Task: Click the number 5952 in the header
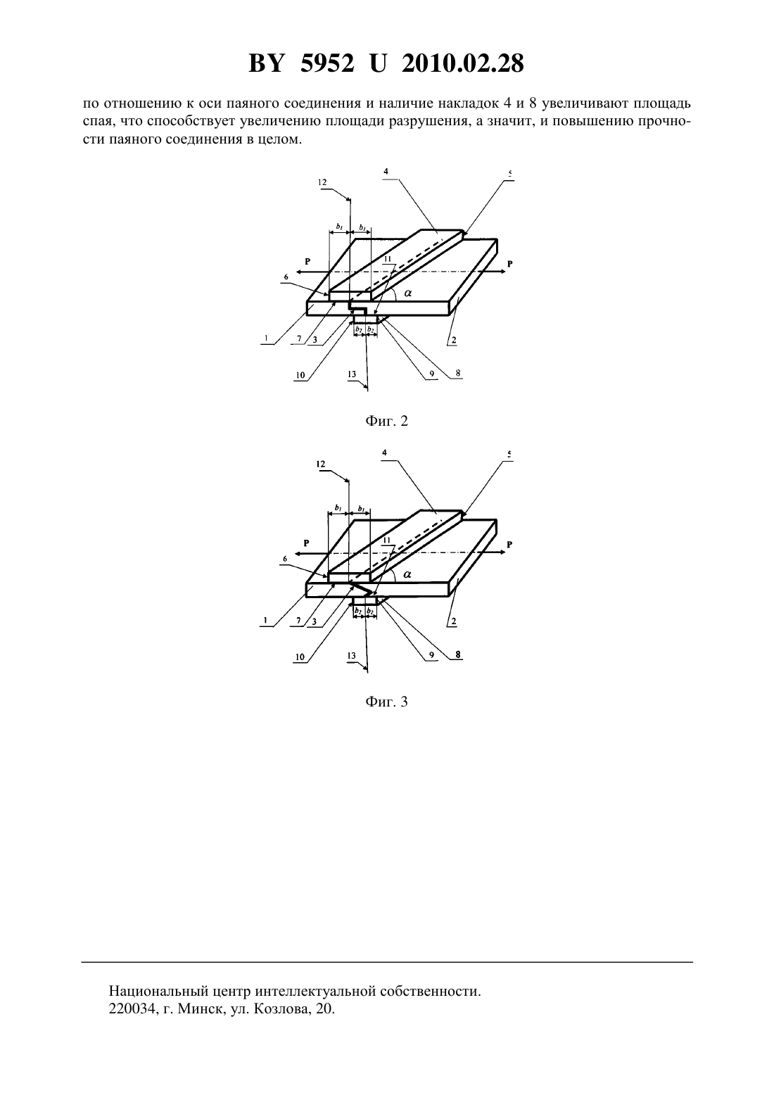[x=327, y=63]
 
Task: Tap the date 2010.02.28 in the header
[x=463, y=63]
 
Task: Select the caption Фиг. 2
[x=386, y=421]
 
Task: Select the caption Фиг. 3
[x=386, y=702]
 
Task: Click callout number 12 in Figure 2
[x=322, y=182]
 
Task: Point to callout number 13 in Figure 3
[x=352, y=656]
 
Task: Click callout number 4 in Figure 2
[x=386, y=172]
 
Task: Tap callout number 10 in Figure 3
[x=300, y=657]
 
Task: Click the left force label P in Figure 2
[x=307, y=262]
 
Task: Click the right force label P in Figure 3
[x=509, y=545]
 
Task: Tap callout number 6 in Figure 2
[x=286, y=277]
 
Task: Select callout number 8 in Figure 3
[x=458, y=654]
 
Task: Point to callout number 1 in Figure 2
[x=265, y=338]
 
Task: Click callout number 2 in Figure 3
[x=453, y=621]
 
